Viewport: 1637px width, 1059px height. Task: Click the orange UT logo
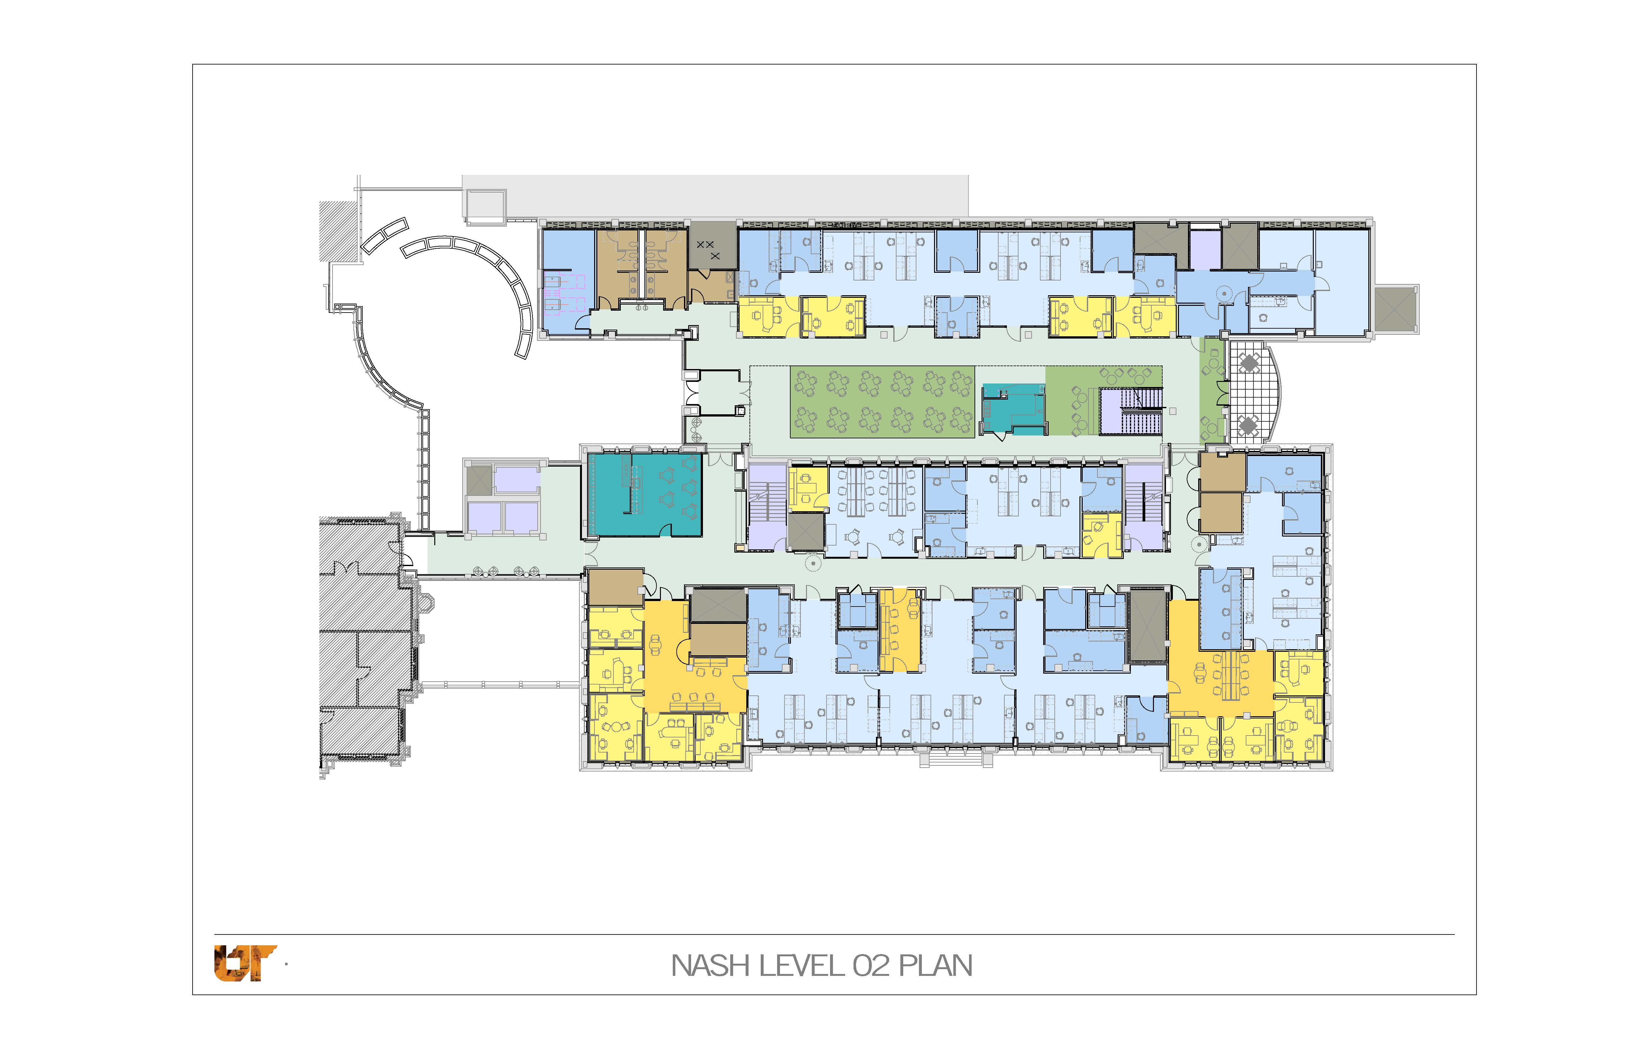coord(245,963)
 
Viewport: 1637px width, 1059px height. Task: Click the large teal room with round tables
coord(645,495)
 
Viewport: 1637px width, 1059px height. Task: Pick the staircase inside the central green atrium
coord(1131,411)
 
